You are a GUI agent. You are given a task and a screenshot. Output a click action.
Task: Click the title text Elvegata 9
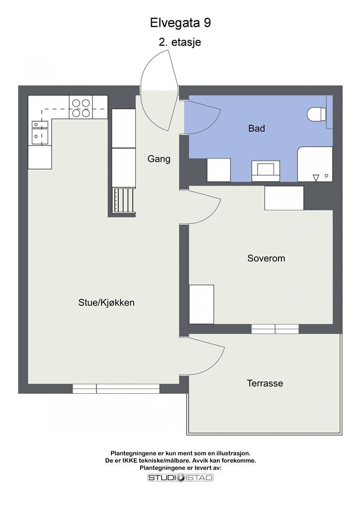pyautogui.click(x=180, y=23)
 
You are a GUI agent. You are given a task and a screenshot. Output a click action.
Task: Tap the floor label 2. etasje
pyautogui.click(x=180, y=42)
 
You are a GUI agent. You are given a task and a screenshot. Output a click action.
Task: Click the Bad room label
pyautogui.click(x=257, y=128)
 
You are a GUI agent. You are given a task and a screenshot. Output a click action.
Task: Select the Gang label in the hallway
pyautogui.click(x=159, y=159)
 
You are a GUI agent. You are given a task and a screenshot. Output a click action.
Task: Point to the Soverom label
pyautogui.click(x=266, y=258)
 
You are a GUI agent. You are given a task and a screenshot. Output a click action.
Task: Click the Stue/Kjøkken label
pyautogui.click(x=106, y=302)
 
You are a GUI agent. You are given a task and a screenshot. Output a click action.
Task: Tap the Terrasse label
pyautogui.click(x=265, y=383)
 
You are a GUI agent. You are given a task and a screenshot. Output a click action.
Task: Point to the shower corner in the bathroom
pyautogui.click(x=315, y=165)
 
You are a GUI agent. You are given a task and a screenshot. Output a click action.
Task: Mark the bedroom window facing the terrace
pyautogui.click(x=275, y=329)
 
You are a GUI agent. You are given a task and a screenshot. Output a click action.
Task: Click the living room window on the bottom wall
pyautogui.click(x=116, y=389)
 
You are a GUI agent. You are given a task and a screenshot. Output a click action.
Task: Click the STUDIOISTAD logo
pyautogui.click(x=180, y=478)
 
